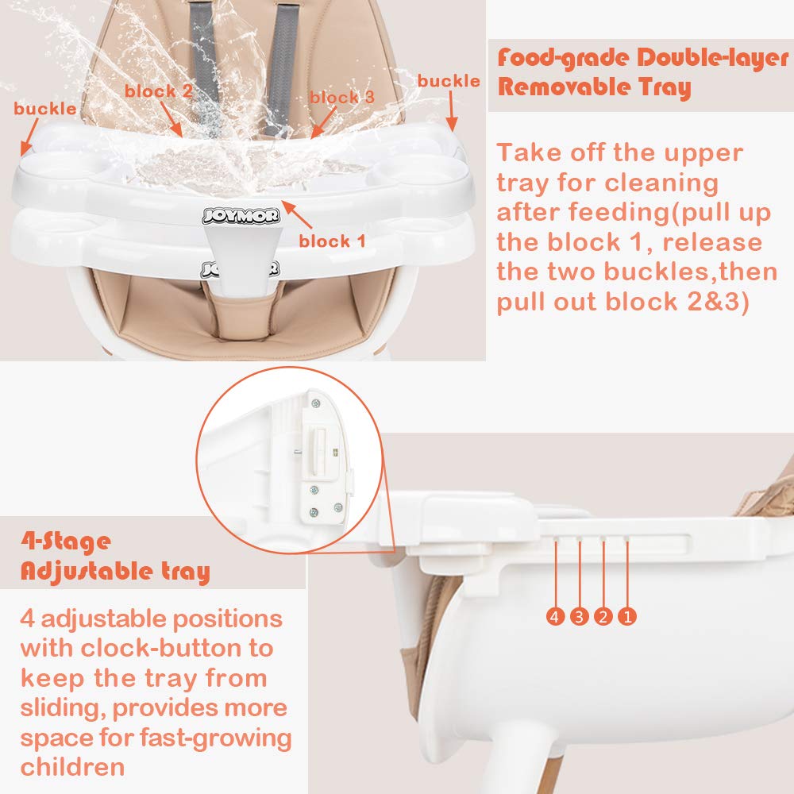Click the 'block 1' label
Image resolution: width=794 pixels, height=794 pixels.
point(332,241)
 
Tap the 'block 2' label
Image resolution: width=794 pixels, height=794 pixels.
point(159,91)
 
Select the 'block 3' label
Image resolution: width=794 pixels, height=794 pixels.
point(342,98)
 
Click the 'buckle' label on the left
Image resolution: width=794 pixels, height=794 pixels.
point(45,109)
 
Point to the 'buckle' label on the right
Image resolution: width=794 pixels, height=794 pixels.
point(449,81)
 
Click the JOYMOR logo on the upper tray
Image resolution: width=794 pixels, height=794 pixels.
point(240,214)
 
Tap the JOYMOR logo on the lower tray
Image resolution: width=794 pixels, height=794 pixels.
point(240,268)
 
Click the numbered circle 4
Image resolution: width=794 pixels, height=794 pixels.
point(556,615)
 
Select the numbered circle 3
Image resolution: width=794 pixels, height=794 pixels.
point(580,615)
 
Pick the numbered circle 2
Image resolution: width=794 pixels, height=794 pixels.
point(603,615)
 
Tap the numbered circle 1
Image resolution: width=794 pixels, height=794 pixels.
point(627,615)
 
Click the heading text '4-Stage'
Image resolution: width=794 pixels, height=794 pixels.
point(67,542)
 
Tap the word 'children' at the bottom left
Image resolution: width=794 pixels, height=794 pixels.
point(72,768)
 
